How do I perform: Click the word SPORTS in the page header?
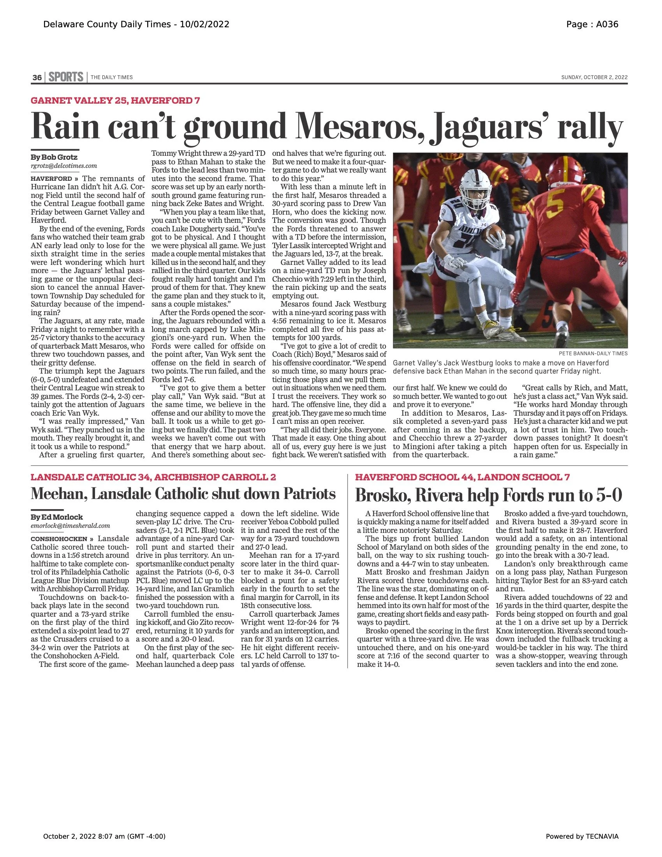66,77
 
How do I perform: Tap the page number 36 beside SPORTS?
37,78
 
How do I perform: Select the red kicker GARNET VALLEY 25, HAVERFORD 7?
115,101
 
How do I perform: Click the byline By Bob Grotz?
54,157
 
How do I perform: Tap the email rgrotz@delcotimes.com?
64,166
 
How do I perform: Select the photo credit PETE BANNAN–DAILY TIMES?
593,354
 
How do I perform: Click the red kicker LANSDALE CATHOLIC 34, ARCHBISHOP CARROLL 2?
153,477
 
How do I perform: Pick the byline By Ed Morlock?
57,517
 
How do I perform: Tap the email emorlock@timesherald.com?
70,526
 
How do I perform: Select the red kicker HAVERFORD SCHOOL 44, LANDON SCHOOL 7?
462,477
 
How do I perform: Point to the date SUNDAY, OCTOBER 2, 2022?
594,77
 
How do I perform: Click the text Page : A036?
592,24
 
